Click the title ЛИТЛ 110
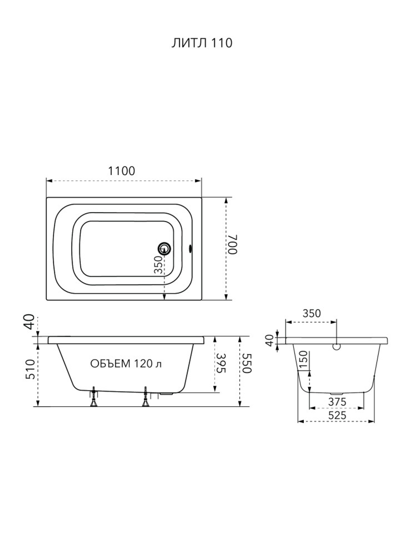coord(202,43)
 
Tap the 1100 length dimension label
coord(121,171)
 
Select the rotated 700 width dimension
coord(233,244)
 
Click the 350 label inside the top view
coord(158,265)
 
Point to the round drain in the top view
coord(164,248)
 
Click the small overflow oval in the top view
coord(190,248)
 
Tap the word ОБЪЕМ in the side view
coord(110,364)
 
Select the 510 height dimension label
coord(31,369)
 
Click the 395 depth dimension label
coord(221,363)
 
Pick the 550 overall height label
coord(247,363)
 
